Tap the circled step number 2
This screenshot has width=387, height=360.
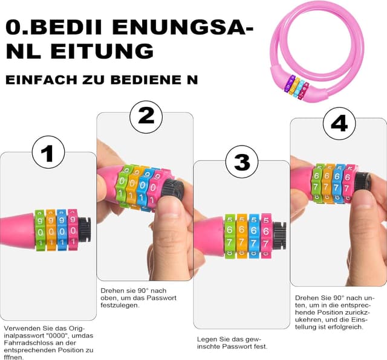pyautogui.click(x=146, y=114)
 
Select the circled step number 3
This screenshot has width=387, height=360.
pyautogui.click(x=241, y=162)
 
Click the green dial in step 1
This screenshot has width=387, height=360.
pyautogui.click(x=40, y=230)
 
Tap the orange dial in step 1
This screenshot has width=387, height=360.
pyautogui.click(x=51, y=230)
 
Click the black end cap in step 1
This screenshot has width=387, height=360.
pyautogui.click(x=84, y=230)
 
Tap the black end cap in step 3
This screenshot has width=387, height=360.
pyautogui.click(x=279, y=234)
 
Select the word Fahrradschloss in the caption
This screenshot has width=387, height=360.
pyautogui.click(x=26, y=342)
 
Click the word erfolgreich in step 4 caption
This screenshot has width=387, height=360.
pyautogui.click(x=343, y=327)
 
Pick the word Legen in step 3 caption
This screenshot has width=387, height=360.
pyautogui.click(x=207, y=339)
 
